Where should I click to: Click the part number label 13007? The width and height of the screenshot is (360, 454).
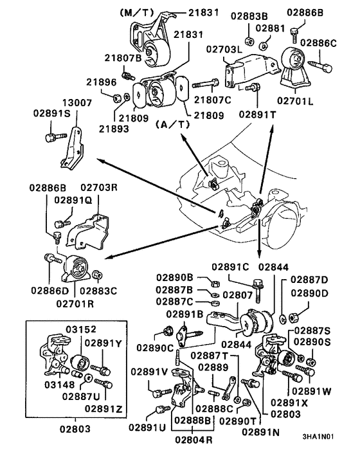click(x=78, y=102)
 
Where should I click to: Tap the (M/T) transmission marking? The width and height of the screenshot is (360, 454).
click(x=136, y=12)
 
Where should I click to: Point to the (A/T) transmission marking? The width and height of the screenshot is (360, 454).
click(x=173, y=124)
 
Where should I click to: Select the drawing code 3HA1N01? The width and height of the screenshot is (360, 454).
click(x=318, y=437)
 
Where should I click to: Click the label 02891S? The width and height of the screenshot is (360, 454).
click(x=52, y=113)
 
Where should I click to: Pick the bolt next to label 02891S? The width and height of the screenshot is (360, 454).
click(x=56, y=137)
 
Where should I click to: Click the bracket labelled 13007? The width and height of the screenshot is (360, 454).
click(x=73, y=148)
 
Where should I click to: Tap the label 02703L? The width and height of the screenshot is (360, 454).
click(x=224, y=50)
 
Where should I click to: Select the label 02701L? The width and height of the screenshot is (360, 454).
click(x=295, y=101)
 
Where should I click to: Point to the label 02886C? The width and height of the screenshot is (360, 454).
click(x=318, y=43)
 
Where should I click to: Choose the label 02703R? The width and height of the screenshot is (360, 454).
click(x=99, y=187)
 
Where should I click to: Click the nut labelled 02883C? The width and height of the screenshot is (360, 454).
click(x=96, y=275)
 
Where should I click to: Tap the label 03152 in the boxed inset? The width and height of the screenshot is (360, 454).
click(x=81, y=329)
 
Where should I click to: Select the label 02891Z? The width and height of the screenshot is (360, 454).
click(x=104, y=409)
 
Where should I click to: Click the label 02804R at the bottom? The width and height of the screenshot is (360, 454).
click(x=194, y=440)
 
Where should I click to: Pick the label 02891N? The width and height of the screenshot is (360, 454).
click(x=261, y=432)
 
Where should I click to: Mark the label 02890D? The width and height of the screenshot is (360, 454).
click(x=309, y=293)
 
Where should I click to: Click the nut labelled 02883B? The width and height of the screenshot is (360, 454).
click(x=249, y=41)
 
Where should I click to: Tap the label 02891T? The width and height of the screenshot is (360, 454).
click(x=257, y=114)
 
